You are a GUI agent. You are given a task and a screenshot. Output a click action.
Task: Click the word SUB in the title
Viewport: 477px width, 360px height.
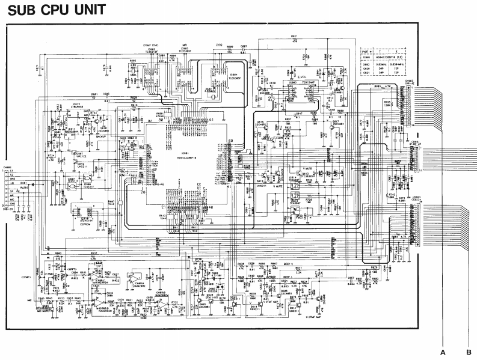click(24, 10)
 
